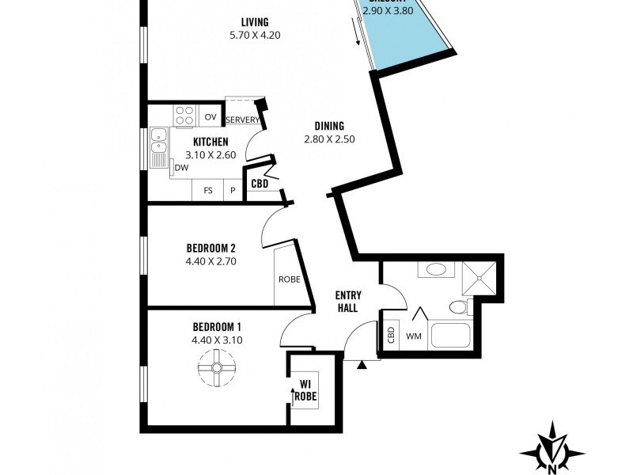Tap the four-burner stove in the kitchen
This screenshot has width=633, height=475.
point(185,116)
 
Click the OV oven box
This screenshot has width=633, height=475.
point(210,116)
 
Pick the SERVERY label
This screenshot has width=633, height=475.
point(243,120)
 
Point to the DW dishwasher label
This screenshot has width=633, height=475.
point(181,168)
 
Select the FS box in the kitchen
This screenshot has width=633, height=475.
point(208,191)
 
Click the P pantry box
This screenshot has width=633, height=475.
point(233,191)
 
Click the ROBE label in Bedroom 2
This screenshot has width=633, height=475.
point(287,279)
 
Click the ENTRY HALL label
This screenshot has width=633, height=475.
point(348,302)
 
